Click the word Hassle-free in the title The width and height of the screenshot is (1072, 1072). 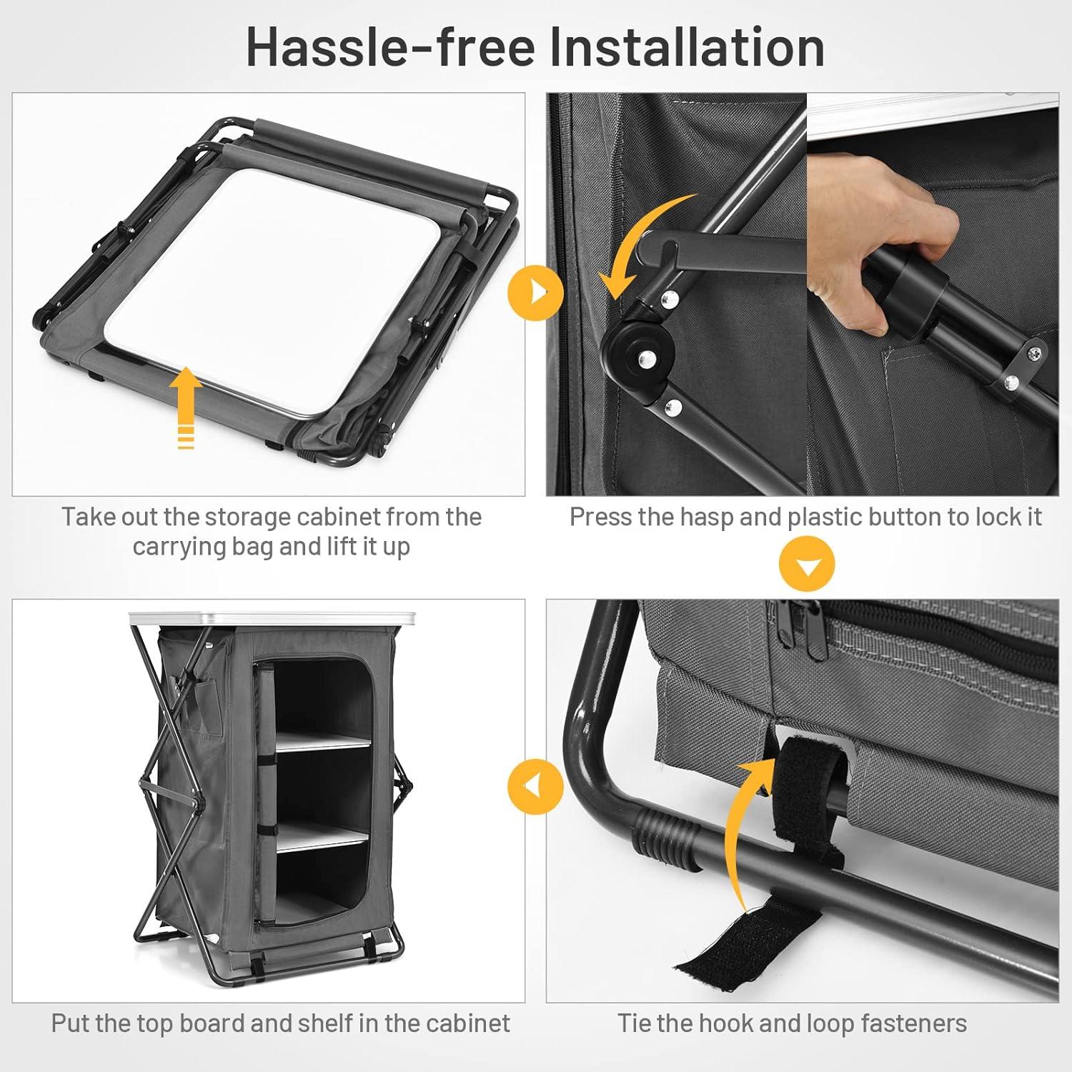click(x=390, y=46)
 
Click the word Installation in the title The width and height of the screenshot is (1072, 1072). click(x=687, y=46)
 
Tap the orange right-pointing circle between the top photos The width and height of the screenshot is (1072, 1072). click(x=536, y=292)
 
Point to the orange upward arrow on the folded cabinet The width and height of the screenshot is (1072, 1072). click(x=186, y=407)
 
